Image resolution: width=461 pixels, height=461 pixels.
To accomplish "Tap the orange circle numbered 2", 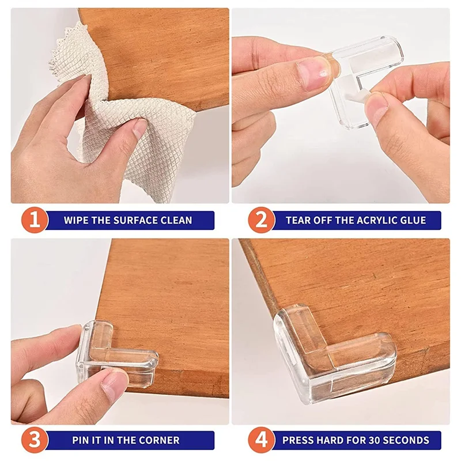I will point(261,220).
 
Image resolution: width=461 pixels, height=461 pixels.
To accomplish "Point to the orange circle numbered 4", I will point(261,440).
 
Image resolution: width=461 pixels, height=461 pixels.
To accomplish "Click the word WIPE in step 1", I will point(77,220).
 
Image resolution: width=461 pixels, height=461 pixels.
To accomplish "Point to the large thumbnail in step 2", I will point(315,75).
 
